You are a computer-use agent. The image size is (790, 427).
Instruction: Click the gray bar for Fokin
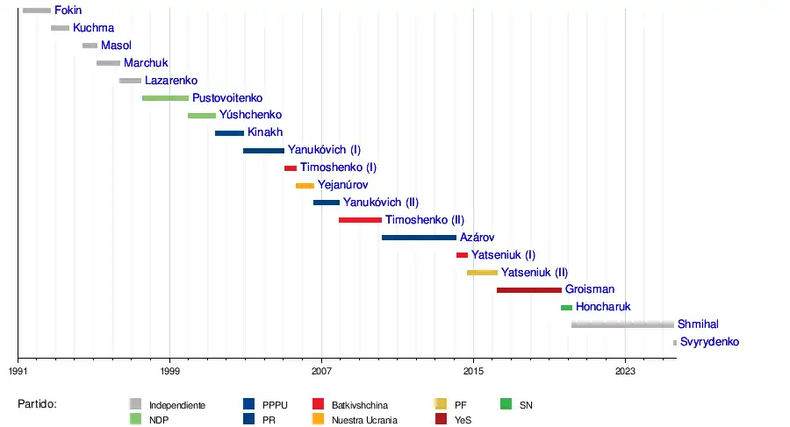[37, 11]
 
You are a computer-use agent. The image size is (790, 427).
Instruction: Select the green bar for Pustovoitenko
[165, 98]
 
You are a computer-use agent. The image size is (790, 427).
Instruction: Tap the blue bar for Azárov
[419, 238]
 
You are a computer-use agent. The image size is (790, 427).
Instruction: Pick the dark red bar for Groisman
[528, 290]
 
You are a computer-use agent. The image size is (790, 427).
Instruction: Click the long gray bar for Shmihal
[622, 325]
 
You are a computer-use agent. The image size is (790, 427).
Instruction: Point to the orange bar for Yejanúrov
[305, 186]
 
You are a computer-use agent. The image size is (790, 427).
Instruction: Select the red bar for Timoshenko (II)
[360, 220]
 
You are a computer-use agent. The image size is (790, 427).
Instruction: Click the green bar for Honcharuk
[566, 308]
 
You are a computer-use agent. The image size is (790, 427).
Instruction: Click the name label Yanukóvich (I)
[324, 150]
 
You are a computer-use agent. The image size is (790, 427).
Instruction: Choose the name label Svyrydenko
[709, 342]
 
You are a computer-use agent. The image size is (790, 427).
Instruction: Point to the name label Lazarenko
[171, 81]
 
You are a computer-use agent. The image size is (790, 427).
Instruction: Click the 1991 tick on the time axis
[18, 358]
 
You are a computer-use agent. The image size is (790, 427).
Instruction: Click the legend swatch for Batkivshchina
[320, 404]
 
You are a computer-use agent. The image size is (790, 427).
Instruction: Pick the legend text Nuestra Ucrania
[364, 419]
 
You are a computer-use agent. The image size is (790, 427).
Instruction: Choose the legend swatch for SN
[506, 404]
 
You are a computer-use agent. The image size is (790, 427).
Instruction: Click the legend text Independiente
[177, 405]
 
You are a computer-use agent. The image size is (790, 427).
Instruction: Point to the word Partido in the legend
[38, 404]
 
